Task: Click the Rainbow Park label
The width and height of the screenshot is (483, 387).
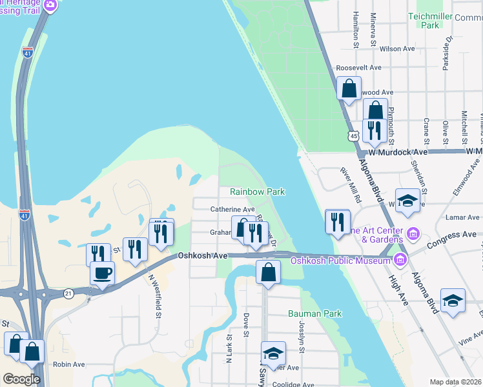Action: [258, 192]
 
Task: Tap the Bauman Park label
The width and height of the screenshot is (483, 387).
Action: [314, 313]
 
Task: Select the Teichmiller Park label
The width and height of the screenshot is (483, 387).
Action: [424, 19]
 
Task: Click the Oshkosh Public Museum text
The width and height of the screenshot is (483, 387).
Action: [340, 261]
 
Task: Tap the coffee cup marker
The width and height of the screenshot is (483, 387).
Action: [102, 273]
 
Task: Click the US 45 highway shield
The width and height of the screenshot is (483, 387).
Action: [353, 135]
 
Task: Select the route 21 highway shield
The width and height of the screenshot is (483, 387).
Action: [69, 293]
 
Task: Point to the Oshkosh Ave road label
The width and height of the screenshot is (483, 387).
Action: [203, 256]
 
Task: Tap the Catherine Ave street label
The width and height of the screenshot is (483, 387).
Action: [232, 209]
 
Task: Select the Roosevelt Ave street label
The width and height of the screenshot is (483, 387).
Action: [358, 67]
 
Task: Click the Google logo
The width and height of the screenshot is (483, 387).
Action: [21, 379]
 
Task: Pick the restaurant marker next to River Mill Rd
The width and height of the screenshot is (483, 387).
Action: [337, 222]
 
